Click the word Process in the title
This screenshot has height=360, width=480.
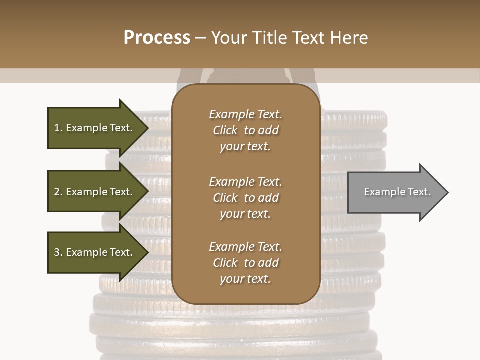pos(157,38)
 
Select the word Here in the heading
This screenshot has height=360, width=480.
pos(348,38)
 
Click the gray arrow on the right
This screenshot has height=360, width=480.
pos(395,192)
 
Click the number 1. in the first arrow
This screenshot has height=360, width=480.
pos(58,128)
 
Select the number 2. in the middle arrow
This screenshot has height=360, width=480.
pos(58,192)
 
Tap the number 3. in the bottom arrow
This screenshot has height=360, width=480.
pos(58,252)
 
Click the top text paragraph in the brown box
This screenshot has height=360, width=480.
pos(245,130)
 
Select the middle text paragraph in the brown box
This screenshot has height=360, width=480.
pos(245,198)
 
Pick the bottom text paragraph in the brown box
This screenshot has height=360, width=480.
pos(245,263)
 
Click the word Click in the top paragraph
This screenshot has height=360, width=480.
pos(225,130)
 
